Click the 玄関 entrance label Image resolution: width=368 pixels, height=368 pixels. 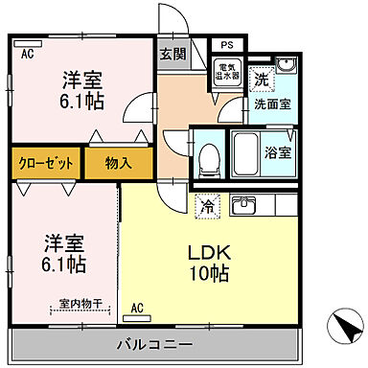click(172, 54)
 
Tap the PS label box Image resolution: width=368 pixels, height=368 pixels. click(226, 44)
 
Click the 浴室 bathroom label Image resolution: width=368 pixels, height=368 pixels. click(279, 151)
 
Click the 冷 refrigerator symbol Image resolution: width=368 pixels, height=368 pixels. click(206, 204)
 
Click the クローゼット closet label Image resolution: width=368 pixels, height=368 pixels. click(47, 163)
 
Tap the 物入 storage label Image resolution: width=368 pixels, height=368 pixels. click(118, 163)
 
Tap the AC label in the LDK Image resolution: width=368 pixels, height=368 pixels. click(136, 308)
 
